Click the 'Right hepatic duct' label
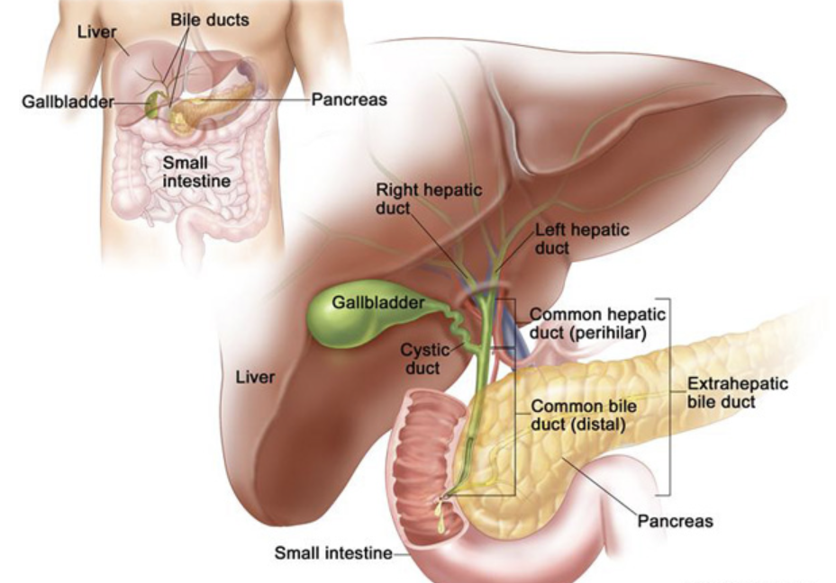(429, 199)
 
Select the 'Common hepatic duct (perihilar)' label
(597, 324)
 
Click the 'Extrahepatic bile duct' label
(737, 392)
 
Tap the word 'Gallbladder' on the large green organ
(377, 302)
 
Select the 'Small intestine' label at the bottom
(333, 553)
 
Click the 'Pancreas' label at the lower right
(675, 521)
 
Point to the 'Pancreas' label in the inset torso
(350, 100)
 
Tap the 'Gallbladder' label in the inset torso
(68, 101)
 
